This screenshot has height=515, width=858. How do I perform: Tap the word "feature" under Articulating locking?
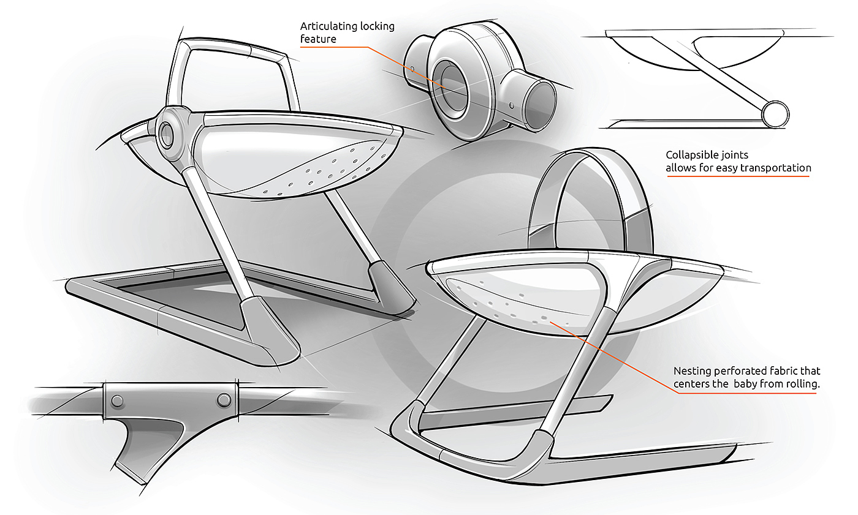[318, 40]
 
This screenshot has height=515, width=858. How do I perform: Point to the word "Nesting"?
[692, 371]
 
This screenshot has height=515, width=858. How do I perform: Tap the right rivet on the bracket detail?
[224, 400]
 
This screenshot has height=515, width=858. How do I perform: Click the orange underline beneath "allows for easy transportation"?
[738, 176]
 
